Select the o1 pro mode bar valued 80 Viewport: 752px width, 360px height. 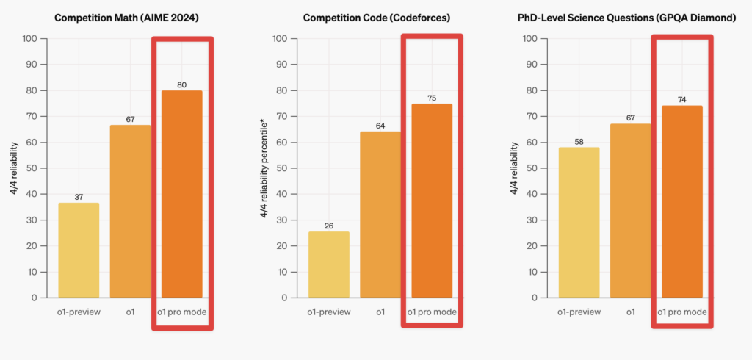click(181, 194)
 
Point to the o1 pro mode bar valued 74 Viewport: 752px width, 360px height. click(681, 201)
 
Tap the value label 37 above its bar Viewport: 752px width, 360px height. click(79, 196)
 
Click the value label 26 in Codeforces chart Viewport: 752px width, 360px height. click(329, 226)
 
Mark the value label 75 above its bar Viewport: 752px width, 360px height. click(432, 98)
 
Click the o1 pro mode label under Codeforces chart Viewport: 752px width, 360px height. click(432, 312)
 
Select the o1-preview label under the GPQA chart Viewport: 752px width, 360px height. click(579, 312)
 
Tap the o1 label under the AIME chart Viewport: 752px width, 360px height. click(130, 312)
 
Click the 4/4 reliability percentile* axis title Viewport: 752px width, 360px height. click(264, 168)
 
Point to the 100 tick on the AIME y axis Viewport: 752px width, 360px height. click(29, 38)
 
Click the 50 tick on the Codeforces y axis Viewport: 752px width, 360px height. click(281, 168)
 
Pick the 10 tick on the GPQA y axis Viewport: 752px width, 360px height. click(532, 272)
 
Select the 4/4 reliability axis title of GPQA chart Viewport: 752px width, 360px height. click(514, 168)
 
